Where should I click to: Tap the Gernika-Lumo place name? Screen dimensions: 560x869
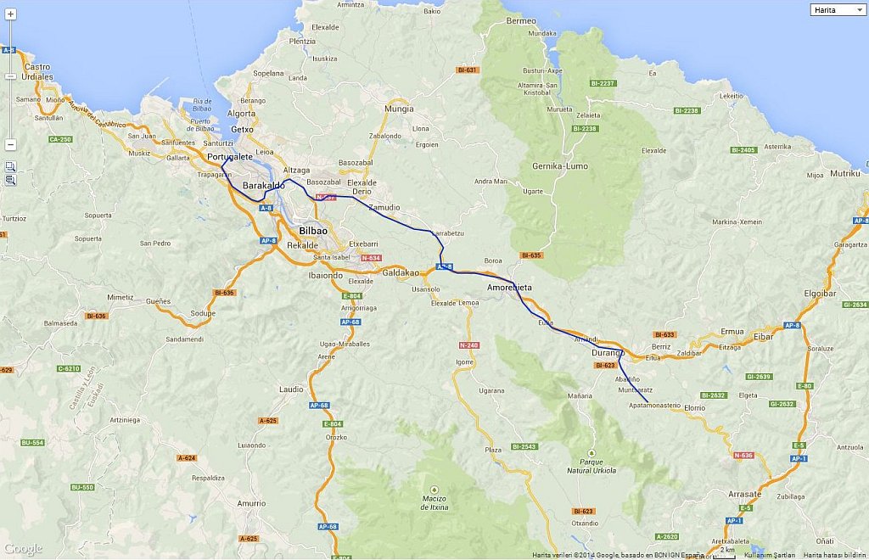[x=559, y=166]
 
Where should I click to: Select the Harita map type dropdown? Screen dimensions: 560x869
[x=838, y=9]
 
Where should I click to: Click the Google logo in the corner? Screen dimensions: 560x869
[x=22, y=549]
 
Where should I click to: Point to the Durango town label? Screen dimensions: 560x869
[x=608, y=352]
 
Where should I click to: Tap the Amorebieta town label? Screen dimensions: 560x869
[x=509, y=288]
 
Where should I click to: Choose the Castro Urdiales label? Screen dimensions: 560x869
[x=38, y=71]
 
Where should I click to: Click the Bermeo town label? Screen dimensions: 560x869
[x=520, y=20]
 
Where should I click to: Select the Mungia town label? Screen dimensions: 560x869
[x=399, y=109]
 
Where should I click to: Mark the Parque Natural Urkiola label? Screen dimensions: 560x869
[x=591, y=465]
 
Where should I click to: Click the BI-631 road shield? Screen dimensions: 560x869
[x=467, y=70]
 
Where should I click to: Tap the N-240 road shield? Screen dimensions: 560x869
[x=468, y=345]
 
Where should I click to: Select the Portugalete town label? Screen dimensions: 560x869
[x=230, y=157]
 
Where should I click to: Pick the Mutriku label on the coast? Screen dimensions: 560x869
[x=845, y=173]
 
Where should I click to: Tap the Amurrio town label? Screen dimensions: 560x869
[x=251, y=503]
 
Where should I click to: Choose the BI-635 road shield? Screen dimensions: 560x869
[x=531, y=255]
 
